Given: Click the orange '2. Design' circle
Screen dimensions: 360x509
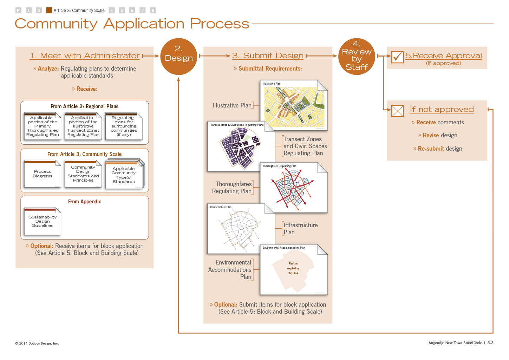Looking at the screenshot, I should (x=178, y=56).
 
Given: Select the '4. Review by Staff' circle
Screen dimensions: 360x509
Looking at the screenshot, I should (x=357, y=56).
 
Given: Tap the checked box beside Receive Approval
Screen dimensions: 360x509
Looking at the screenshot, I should (x=397, y=57).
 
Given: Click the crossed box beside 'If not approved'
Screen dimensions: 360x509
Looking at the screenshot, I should (x=397, y=111).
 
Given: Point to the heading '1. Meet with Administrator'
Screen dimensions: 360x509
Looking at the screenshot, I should (x=85, y=55).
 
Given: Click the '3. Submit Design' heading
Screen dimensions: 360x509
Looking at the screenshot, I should (x=268, y=55).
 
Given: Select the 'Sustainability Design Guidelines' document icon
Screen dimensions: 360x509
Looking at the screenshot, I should (x=43, y=221).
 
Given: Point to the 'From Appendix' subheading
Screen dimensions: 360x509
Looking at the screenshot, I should (x=84, y=202).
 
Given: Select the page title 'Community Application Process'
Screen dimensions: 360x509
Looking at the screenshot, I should (x=132, y=24).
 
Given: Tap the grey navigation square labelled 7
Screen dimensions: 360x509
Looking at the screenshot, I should (x=143, y=11).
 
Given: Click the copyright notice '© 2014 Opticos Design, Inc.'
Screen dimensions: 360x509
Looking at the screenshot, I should (x=37, y=343).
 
